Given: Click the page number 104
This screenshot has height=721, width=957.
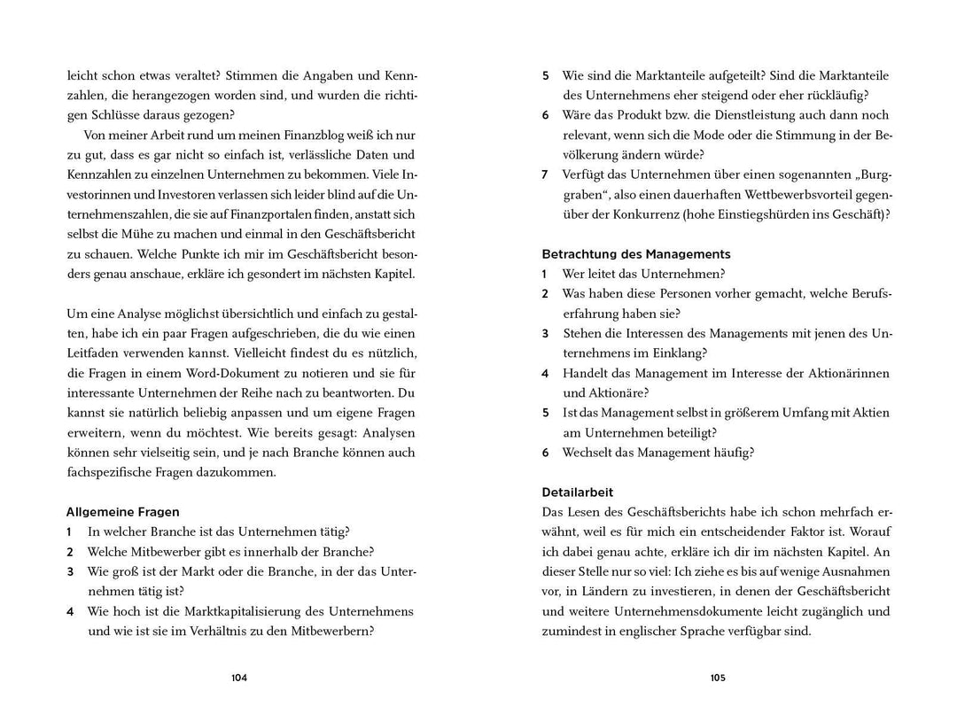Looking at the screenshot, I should pos(239,678).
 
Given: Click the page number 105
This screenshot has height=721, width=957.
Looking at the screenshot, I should pos(718,678).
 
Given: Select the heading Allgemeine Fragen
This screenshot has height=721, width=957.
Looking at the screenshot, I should pos(122,512).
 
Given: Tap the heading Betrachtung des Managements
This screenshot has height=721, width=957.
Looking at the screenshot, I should pos(635,254).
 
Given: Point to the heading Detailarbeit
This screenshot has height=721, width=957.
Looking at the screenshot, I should pos(577,492).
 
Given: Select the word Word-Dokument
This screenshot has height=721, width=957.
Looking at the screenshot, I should pos(257,374).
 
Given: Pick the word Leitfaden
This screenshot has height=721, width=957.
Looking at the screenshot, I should pos(97,353).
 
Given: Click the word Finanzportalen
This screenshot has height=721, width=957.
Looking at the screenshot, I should pos(298,213).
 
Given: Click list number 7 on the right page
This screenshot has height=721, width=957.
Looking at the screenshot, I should pos(545,174).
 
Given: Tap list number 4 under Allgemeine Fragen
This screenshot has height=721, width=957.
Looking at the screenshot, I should pos(69,611).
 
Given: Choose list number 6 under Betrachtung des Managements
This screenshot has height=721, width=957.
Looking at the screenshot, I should pos(545,453).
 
